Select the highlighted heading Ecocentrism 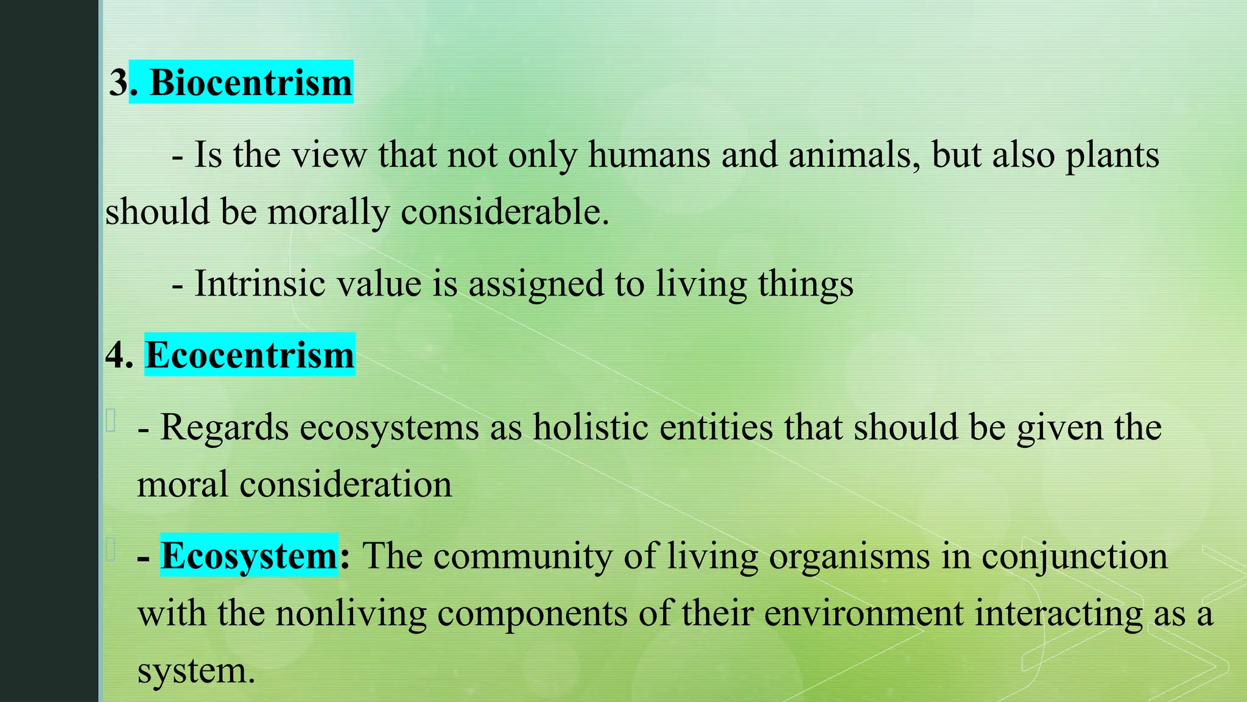[250, 355]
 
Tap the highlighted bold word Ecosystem [249, 556]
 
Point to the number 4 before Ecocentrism [118, 355]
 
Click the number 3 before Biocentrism [118, 82]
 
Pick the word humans [649, 155]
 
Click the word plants [1112, 156]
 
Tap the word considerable [505, 212]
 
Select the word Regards [224, 428]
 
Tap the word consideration [345, 484]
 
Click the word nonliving [351, 613]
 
